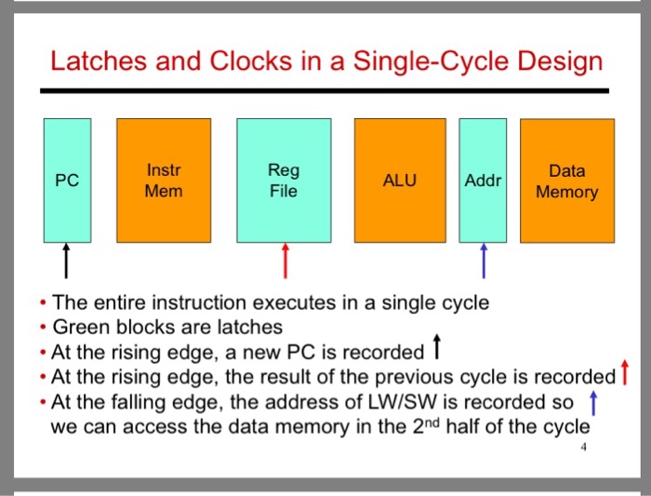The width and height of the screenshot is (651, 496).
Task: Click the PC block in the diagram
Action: point(66,180)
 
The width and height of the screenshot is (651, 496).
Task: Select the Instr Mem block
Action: point(164,180)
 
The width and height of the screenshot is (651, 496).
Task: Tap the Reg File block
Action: point(283,180)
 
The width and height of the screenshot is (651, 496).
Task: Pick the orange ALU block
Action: point(400,180)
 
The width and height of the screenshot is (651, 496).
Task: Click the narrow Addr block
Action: point(483,180)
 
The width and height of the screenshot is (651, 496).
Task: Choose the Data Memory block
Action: point(566,180)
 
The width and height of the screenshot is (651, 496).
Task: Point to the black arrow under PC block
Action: point(66,261)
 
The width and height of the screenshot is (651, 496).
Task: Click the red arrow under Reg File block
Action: point(286,261)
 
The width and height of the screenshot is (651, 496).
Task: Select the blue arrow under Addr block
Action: point(483,261)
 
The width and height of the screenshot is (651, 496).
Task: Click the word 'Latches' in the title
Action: point(90,62)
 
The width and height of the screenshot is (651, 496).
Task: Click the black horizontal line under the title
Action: point(325,90)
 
